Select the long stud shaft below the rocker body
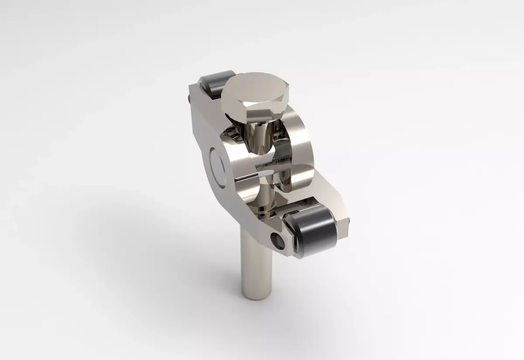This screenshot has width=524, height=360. pos(256,262)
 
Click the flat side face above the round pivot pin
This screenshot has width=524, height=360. pos(205,127)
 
